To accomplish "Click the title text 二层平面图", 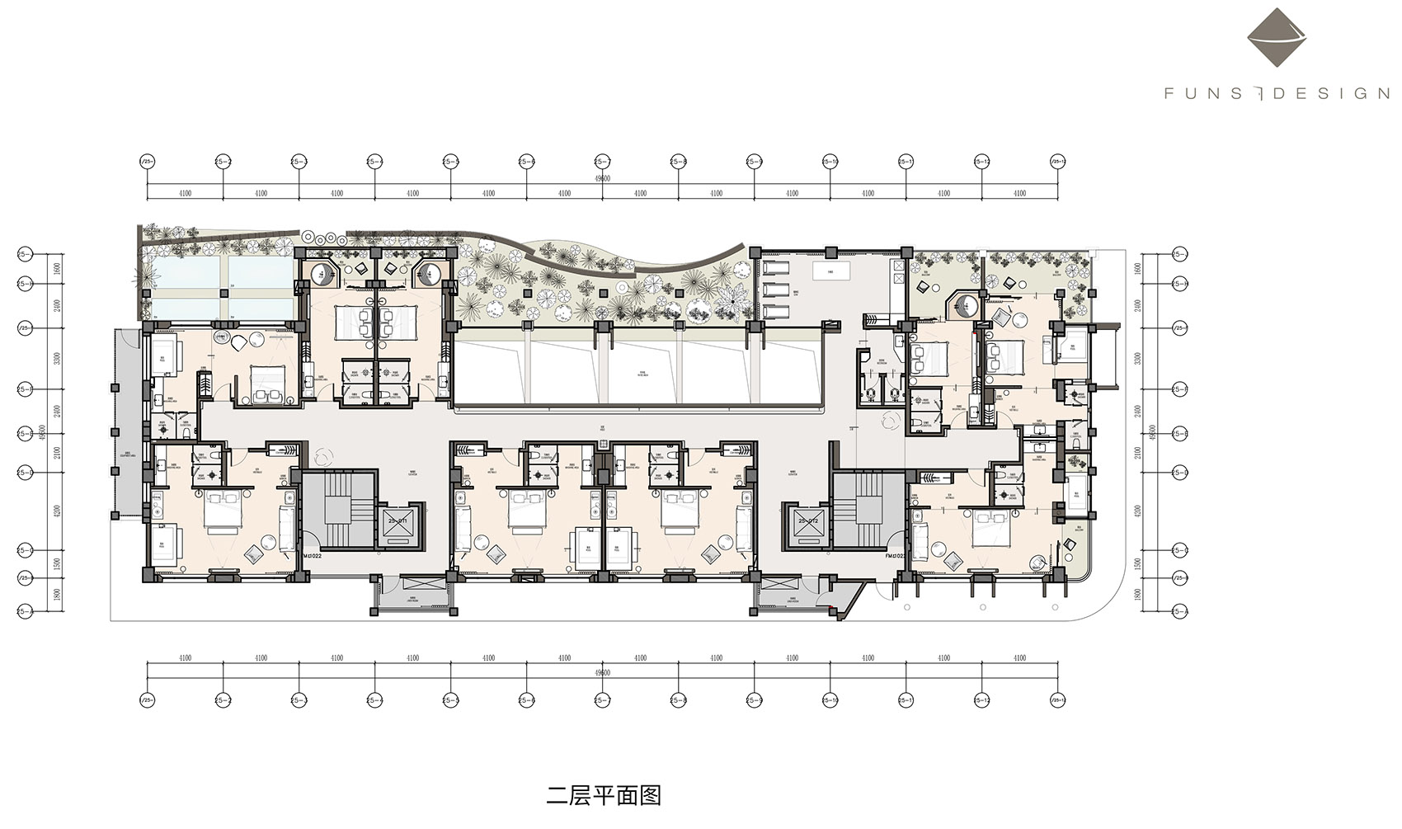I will [604, 796].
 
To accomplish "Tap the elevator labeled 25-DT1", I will [398, 523].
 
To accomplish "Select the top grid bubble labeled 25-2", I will [223, 162].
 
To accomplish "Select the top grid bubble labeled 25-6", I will [526, 162].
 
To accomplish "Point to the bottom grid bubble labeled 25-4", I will [374, 700].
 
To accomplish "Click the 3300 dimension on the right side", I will [1138, 359].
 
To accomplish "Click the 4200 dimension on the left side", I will [57, 511].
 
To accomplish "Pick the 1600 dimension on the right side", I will [1138, 269].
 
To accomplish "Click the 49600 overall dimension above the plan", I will [602, 178].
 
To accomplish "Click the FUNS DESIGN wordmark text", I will [1277, 94].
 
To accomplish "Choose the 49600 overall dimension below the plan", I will [602, 673].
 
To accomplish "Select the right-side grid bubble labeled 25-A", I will [1180, 611].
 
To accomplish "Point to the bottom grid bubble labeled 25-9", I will [754, 700].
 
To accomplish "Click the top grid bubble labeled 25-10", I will [830, 162].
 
